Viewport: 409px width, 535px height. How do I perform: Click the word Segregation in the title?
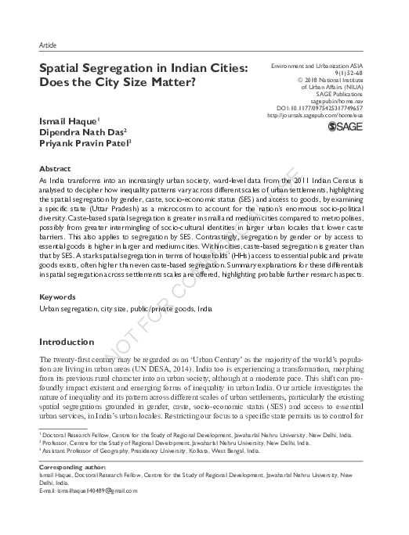(x=114, y=69)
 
